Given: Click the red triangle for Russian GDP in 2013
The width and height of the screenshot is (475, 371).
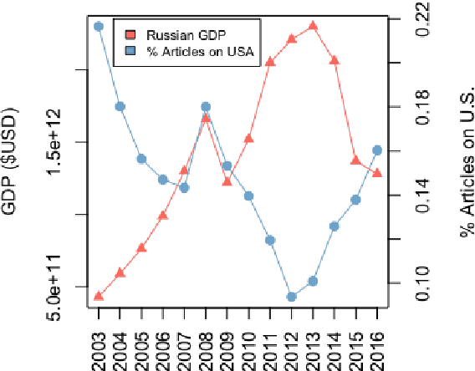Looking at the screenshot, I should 313,25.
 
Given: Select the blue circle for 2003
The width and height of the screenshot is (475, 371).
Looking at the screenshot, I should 99,26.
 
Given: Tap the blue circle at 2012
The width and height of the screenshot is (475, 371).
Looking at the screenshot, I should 291,297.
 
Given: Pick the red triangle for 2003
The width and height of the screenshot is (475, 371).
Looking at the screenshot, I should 99,295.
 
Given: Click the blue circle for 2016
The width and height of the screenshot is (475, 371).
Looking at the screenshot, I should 377,150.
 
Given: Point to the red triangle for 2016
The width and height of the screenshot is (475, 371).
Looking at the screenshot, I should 377,172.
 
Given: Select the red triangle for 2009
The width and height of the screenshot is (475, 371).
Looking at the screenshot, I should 227,180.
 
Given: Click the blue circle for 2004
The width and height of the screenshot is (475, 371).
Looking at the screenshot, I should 120,106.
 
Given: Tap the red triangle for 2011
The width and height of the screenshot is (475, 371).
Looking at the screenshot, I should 270,61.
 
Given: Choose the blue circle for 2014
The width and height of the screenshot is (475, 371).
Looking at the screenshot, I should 334,226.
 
